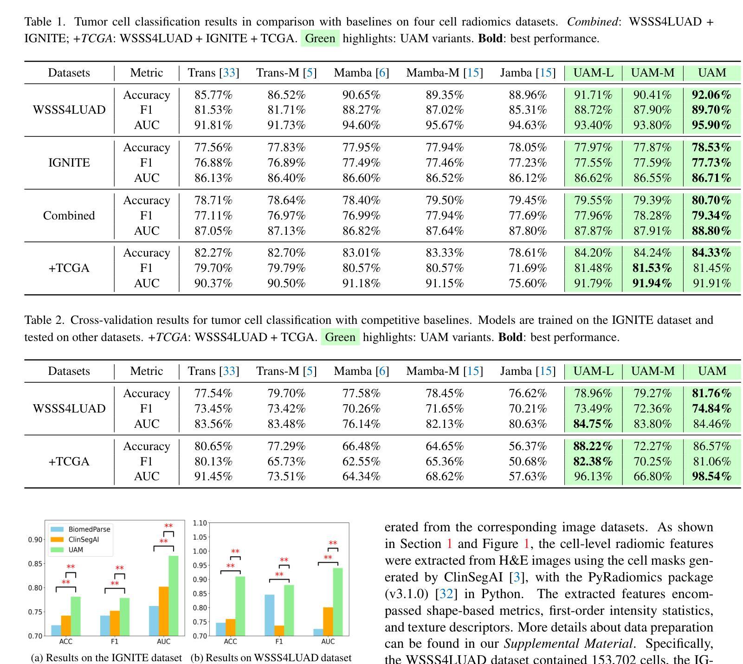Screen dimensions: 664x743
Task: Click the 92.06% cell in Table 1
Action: coord(711,95)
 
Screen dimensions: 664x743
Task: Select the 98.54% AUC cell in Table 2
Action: coord(711,477)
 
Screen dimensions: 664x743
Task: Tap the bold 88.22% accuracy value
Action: coord(593,446)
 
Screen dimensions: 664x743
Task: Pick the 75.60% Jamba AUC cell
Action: coord(528,284)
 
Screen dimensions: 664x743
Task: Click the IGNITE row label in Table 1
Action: coord(69,163)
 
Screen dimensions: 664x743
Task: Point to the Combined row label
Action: coord(69,216)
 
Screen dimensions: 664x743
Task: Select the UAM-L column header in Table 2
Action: coord(593,371)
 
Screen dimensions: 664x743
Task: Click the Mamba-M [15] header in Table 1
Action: coord(444,73)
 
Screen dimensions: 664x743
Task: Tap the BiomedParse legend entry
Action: coord(89,529)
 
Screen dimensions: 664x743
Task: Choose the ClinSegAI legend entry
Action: coord(83,540)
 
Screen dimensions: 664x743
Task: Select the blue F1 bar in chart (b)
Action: coord(269,615)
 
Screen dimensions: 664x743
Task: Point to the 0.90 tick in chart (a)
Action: coord(35,540)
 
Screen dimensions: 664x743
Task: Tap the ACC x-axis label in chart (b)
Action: coord(230,642)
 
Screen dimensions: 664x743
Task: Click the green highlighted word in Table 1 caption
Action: coord(320,39)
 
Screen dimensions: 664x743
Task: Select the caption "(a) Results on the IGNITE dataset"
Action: coord(106,658)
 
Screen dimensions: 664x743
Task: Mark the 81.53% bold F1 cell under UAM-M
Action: coord(652,268)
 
